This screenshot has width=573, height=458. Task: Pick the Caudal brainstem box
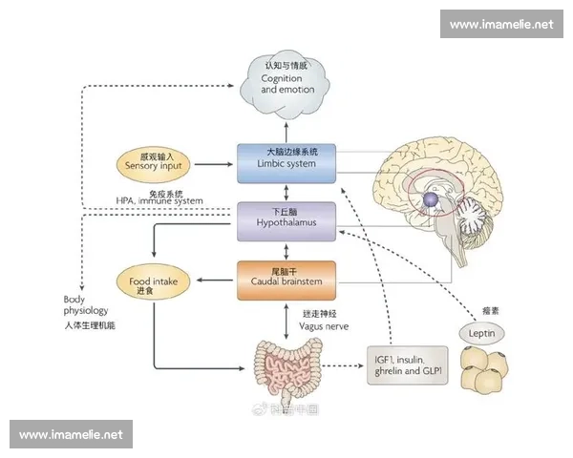pos(286,280)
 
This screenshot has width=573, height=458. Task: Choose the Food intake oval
pos(154,281)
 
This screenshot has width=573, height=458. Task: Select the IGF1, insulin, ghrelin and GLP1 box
pos(407,364)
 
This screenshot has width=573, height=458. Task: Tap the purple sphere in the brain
pos(432,199)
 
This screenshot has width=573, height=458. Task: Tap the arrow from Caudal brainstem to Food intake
pos(214,281)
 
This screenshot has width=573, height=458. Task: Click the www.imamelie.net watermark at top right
pos(501,24)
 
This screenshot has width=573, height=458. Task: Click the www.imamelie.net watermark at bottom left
pos(72,434)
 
